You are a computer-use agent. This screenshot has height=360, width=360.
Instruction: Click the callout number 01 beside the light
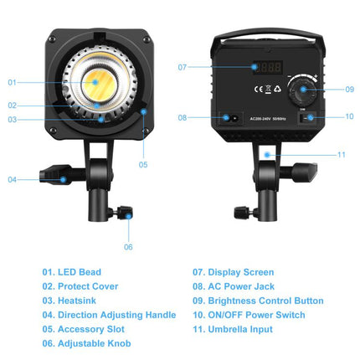[13, 82]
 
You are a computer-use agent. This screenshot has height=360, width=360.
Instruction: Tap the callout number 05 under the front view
[143, 164]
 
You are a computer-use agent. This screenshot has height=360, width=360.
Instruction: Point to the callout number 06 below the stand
[128, 246]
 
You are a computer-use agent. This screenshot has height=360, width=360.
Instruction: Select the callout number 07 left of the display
[183, 66]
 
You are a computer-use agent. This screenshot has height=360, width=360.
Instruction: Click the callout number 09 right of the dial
[350, 89]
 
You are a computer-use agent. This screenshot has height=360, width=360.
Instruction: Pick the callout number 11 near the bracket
[342, 154]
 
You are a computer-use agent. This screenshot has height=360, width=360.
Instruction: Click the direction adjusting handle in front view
[57, 177]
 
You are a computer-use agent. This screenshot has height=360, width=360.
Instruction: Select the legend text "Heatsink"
[81, 301]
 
